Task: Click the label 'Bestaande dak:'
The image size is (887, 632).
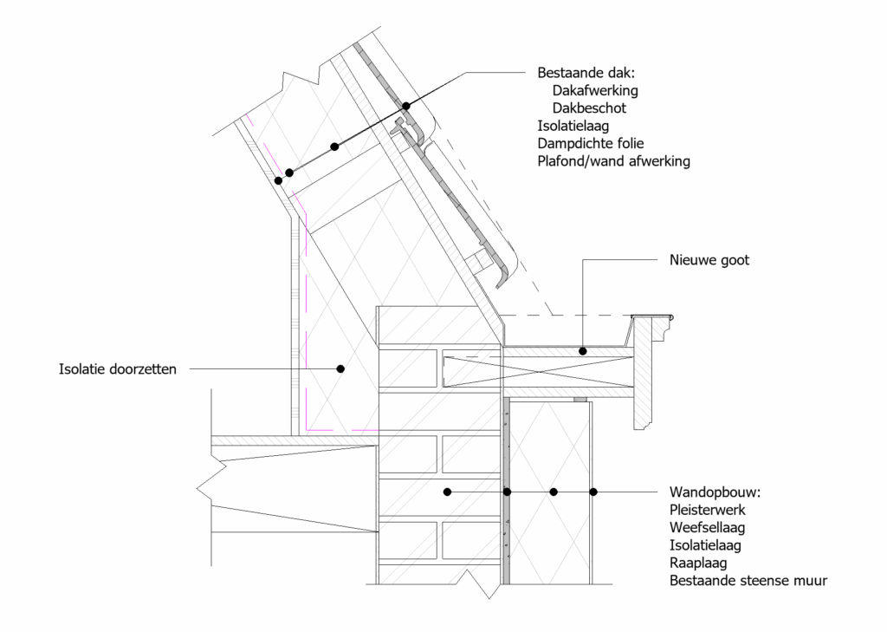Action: tap(586, 73)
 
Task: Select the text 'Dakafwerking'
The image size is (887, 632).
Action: tap(595, 91)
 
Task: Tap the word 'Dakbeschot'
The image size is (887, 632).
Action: tap(589, 108)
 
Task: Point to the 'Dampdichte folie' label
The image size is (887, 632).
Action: tap(591, 143)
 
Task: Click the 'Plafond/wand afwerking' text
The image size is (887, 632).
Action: tap(614, 161)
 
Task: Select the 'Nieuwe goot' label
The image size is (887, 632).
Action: tap(709, 260)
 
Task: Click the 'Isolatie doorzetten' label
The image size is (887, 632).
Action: tap(118, 369)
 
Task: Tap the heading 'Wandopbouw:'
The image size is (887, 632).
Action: tap(715, 492)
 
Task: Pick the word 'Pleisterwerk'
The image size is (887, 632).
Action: tap(708, 510)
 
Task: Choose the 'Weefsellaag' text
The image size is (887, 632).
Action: tap(707, 528)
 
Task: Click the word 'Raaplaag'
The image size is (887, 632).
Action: tap(698, 563)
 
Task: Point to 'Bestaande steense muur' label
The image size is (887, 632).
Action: tap(748, 581)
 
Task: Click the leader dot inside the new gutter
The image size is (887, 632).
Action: tap(583, 351)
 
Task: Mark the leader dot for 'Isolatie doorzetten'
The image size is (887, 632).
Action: tap(340, 368)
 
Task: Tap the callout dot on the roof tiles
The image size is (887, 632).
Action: tap(406, 106)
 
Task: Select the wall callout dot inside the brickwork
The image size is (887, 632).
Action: tap(448, 492)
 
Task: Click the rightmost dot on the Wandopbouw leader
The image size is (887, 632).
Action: tap(593, 492)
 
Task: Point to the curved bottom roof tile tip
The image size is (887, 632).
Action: tap(502, 284)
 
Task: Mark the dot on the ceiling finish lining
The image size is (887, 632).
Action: tap(278, 180)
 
